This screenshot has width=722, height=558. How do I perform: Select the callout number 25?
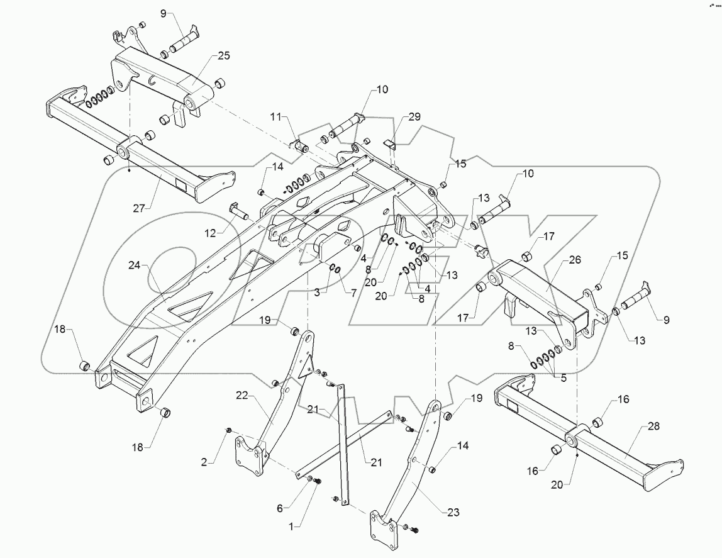[x=224, y=56]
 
